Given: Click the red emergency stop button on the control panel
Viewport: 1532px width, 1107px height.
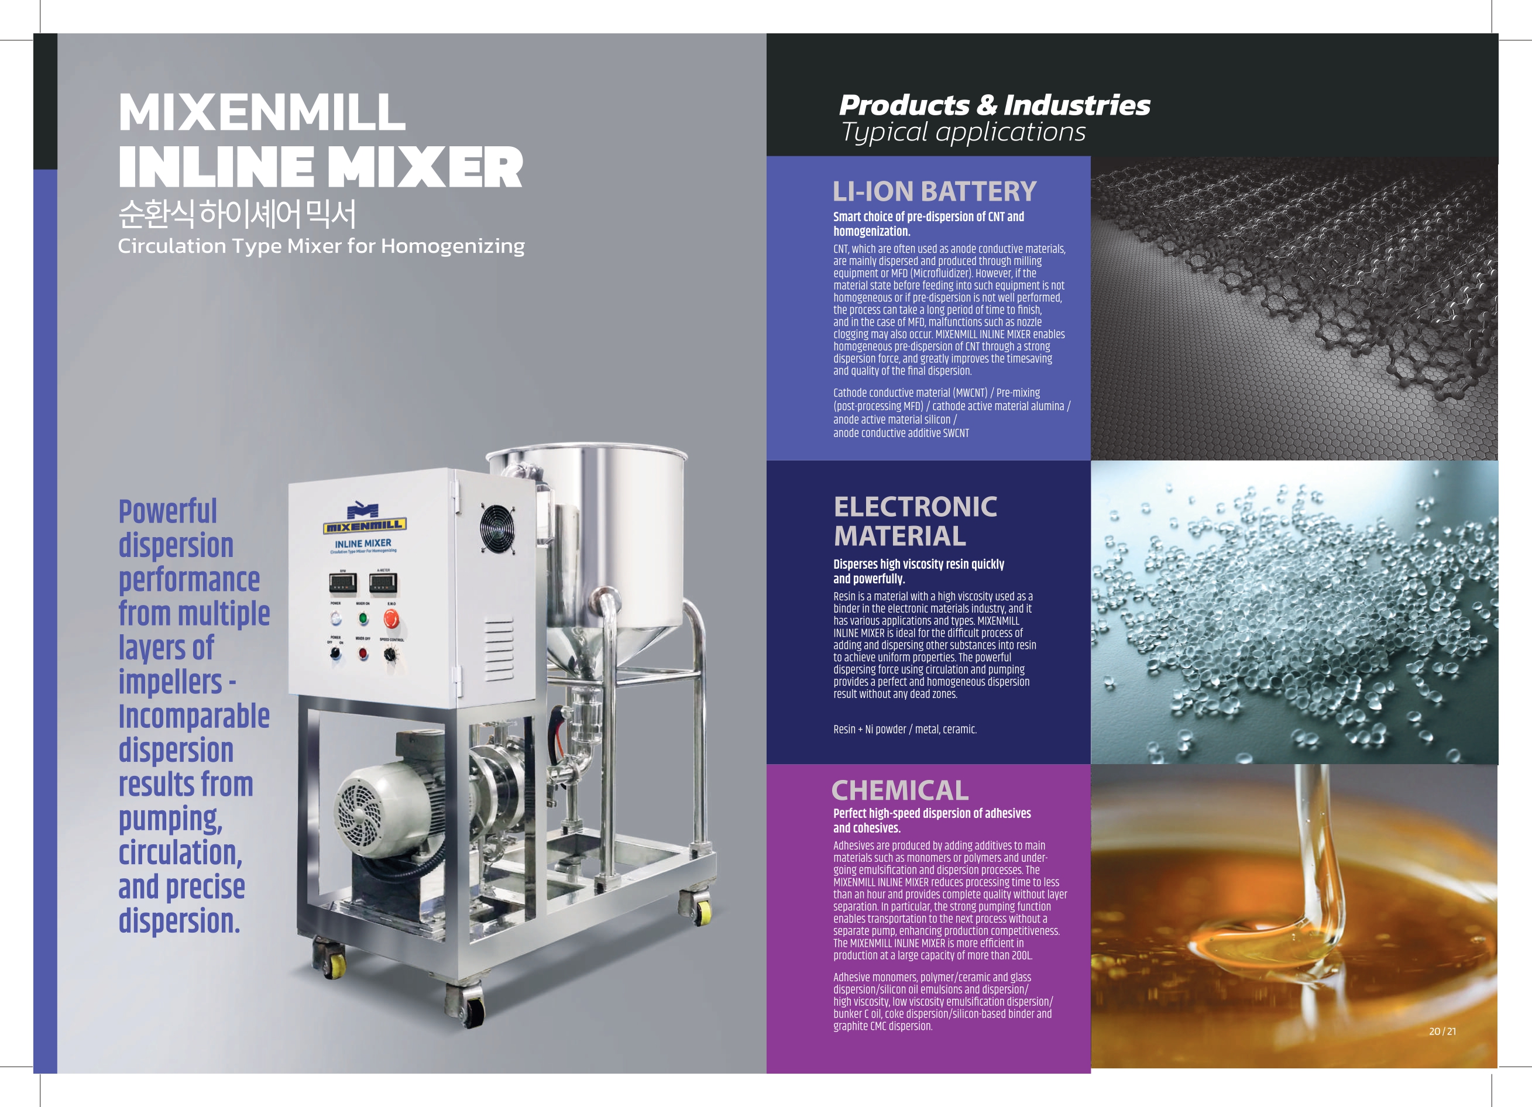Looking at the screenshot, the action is pos(391,618).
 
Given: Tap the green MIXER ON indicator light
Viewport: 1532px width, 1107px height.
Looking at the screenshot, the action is pos(363,618).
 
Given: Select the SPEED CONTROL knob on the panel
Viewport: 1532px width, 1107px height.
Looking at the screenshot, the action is pos(390,654).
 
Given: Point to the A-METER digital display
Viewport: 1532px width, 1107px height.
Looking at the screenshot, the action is pos(383,582).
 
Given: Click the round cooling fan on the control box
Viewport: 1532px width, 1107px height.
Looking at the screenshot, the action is pos(498,528).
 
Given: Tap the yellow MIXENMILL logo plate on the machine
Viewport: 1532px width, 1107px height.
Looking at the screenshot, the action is pos(365,525).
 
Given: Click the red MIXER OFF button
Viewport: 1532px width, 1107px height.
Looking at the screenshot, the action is pos(363,653).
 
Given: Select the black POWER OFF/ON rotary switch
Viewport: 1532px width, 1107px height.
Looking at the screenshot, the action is pos(336,654).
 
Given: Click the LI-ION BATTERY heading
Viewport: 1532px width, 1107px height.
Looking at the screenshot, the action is pos(934,191).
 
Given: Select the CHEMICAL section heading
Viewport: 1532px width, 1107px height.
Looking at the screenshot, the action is pos(900,789).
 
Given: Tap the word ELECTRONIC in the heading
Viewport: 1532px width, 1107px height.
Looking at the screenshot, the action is pos(915,507).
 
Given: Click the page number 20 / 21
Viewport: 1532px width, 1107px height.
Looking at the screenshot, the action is pos(1442,1032).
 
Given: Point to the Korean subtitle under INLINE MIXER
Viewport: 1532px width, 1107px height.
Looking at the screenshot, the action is pos(237,214).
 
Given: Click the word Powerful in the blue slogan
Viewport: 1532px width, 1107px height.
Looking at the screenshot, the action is pos(167,511).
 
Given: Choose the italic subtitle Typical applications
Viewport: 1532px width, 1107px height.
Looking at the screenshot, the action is pos(963,132).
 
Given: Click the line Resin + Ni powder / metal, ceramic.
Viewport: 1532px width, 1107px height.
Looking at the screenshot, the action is pos(905,730).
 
